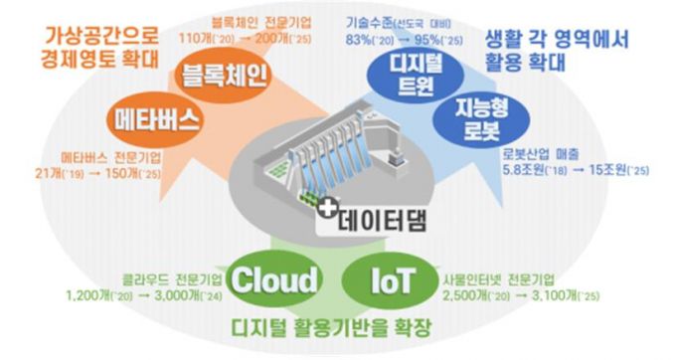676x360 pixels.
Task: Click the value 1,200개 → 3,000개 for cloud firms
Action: [x=134, y=295]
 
